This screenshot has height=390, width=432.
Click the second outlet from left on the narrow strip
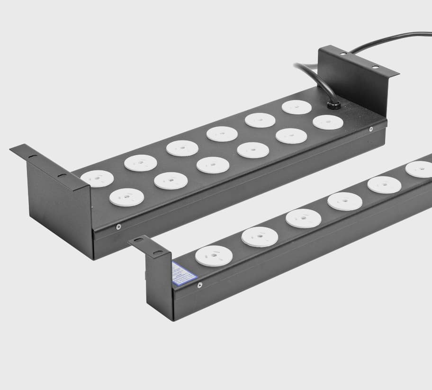pyautogui.click(x=259, y=236)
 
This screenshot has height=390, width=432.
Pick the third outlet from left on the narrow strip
pyautogui.click(x=303, y=218)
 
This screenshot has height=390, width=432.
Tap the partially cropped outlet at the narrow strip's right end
pyautogui.click(x=420, y=169)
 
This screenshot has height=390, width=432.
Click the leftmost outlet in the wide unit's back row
pyautogui.click(x=97, y=178)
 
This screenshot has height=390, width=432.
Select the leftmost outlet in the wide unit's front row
pyautogui.click(x=126, y=197)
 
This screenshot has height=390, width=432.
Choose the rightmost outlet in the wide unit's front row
pyautogui.click(x=328, y=122)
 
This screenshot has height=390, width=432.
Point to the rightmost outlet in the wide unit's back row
pyautogui.click(x=297, y=107)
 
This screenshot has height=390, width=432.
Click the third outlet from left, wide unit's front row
pyautogui.click(x=213, y=165)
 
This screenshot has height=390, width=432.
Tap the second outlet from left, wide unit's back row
pyautogui.click(x=141, y=163)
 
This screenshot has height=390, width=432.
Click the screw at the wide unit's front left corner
pyautogui.click(x=118, y=227)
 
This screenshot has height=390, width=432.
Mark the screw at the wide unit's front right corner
pyautogui.click(x=371, y=129)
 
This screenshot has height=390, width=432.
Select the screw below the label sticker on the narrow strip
pyautogui.click(x=199, y=285)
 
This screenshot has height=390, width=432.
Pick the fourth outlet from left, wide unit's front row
pyautogui.click(x=253, y=150)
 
